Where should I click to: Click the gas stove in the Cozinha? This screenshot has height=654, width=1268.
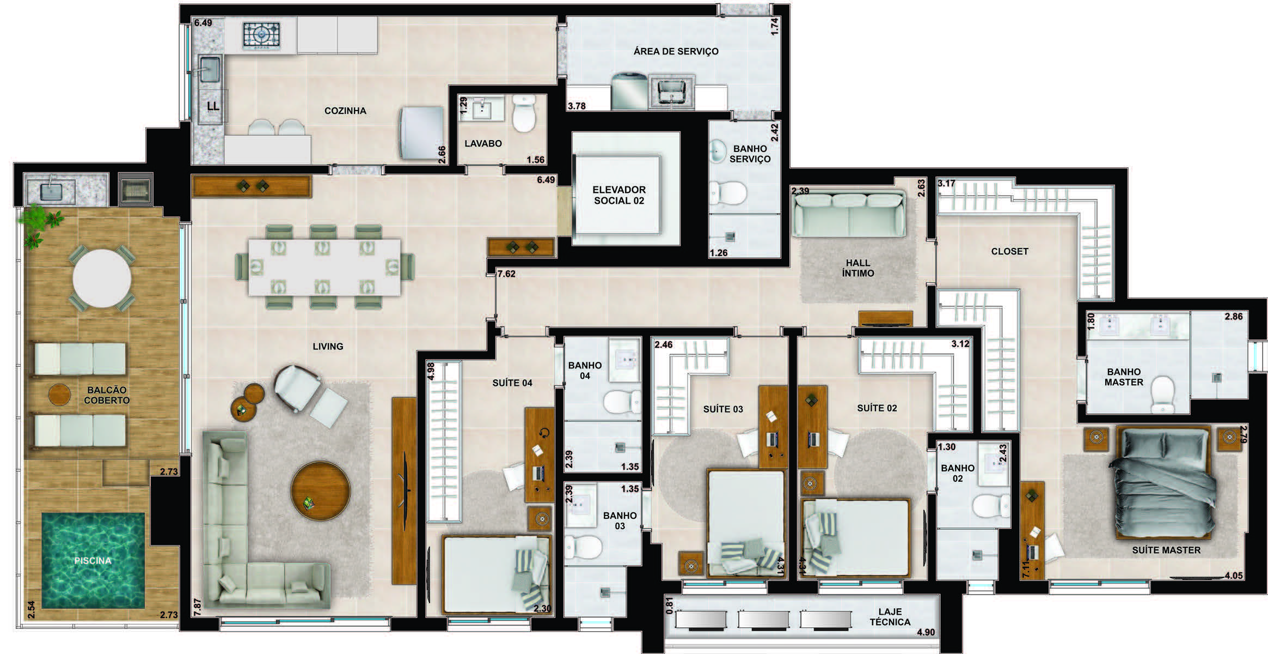click(x=261, y=35)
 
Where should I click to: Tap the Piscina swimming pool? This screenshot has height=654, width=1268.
click(x=93, y=560)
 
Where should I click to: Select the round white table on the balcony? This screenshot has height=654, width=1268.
click(x=102, y=278)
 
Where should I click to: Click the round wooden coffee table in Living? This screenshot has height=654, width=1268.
click(x=320, y=491)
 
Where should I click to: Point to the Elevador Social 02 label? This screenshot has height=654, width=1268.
click(x=619, y=195)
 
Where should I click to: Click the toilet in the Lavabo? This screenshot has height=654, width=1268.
click(x=524, y=113)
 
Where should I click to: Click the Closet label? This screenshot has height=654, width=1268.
click(x=1010, y=251)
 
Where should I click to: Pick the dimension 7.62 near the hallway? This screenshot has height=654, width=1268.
click(x=506, y=274)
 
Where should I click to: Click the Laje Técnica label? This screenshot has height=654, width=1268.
click(x=890, y=616)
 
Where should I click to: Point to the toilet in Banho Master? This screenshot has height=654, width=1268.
click(x=1163, y=395)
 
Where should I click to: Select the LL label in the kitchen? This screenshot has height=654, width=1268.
click(x=213, y=106)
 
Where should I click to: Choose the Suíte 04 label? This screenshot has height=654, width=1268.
click(x=512, y=383)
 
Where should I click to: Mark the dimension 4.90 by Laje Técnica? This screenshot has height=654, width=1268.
click(x=926, y=632)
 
